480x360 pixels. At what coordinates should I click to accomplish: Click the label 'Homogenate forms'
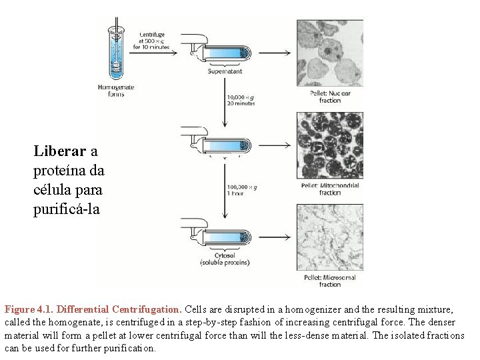click(115, 91)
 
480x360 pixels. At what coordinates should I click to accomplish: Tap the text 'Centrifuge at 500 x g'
click(154, 41)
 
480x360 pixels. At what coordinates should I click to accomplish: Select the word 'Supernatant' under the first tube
click(225, 71)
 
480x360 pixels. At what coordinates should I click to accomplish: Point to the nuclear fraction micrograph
click(329, 53)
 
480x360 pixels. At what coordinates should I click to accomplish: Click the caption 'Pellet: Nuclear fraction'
click(330, 97)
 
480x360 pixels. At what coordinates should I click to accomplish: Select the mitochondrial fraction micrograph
click(329, 145)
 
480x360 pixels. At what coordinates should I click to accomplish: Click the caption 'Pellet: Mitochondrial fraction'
click(330, 189)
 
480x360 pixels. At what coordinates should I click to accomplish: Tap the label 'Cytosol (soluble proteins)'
click(225, 259)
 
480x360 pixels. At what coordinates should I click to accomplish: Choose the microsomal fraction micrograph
click(329, 237)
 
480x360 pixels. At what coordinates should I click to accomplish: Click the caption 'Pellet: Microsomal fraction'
click(330, 281)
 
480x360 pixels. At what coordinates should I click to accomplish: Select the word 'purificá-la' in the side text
click(67, 209)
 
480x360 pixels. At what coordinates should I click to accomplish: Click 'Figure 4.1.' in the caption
click(29, 309)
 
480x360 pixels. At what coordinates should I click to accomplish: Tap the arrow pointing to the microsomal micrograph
click(276, 237)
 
